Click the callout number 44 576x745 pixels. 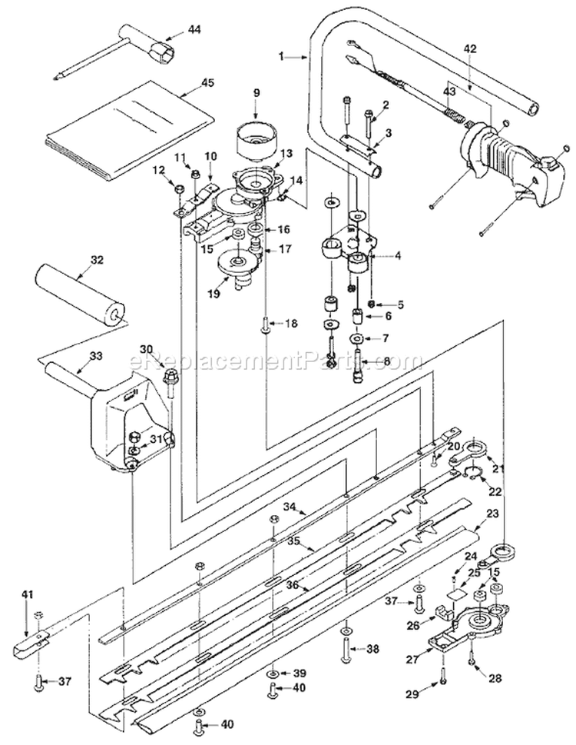coord(194,29)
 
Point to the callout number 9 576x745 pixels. coord(257,92)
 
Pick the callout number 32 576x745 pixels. coord(96,260)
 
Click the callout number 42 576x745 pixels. coord(470,48)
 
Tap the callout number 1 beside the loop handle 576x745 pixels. coord(281,57)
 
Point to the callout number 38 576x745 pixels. coord(372,648)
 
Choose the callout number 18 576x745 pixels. coord(291,324)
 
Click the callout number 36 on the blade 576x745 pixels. coord(293,585)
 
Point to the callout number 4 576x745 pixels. coord(398,255)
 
